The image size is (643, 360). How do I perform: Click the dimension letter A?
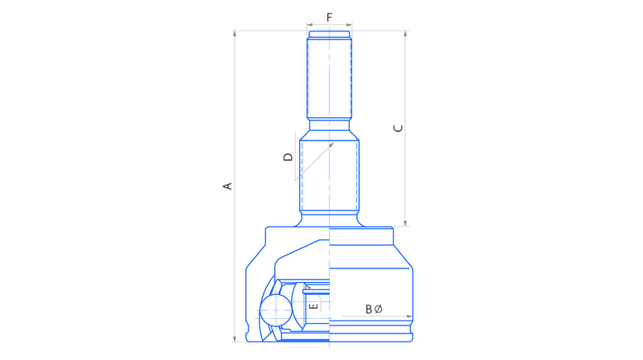coord(227,186)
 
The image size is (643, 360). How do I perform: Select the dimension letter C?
coord(398,129)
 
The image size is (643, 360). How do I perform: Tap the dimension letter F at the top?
coord(330,17)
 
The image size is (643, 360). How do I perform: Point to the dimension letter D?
coord(289,157)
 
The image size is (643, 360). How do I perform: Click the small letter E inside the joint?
coord(313,306)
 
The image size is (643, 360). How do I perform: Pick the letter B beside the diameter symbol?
coord(369,309)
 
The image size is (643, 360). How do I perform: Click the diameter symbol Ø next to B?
coord(378,309)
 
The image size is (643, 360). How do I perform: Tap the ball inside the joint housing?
coord(276,310)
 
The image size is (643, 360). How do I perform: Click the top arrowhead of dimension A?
coord(235,34)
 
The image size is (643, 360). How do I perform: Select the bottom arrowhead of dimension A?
coord(235,338)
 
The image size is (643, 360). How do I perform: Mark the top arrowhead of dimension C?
coord(405,34)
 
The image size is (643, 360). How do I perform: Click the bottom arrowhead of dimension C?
coord(405,223)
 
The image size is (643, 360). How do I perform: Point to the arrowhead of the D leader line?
coord(331,145)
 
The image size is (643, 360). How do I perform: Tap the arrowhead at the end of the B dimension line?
coord(409,316)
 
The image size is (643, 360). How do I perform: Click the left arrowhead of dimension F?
coord(309,25)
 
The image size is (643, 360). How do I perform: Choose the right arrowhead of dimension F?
coord(349,25)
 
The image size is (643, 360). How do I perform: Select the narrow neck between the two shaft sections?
coord(330,125)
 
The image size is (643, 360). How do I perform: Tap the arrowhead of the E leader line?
coord(309,288)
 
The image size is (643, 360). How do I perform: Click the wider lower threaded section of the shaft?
coord(330,175)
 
